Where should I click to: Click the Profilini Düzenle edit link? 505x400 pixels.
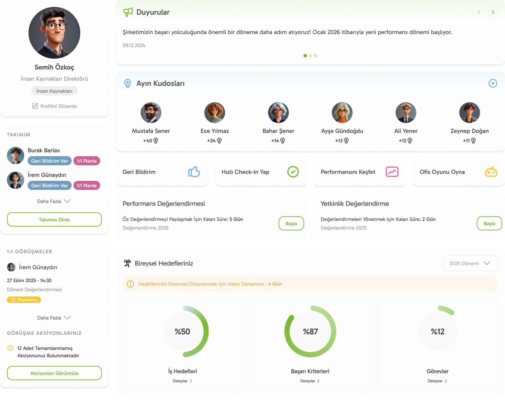54,106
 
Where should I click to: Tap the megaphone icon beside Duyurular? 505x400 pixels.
128,12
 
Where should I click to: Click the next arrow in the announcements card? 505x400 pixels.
492,13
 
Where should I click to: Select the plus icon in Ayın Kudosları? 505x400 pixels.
492,83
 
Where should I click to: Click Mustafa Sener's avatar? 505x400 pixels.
151,113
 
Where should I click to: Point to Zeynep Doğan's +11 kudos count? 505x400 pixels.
469,141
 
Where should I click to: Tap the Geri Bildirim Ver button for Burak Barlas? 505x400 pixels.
50,161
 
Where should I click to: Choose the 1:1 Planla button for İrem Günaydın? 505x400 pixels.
87,186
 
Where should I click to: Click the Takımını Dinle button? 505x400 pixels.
54,220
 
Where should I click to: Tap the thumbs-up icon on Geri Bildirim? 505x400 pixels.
194,172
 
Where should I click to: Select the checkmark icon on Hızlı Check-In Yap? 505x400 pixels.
293,172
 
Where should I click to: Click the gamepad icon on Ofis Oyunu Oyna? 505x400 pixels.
491,172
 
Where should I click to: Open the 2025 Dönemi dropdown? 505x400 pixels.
470,263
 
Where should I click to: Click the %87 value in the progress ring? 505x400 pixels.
310,332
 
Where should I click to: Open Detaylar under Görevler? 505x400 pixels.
437,381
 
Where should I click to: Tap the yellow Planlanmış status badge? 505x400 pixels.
24,299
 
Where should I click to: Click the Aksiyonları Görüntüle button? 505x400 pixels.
54,373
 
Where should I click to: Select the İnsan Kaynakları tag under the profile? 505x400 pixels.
54,91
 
